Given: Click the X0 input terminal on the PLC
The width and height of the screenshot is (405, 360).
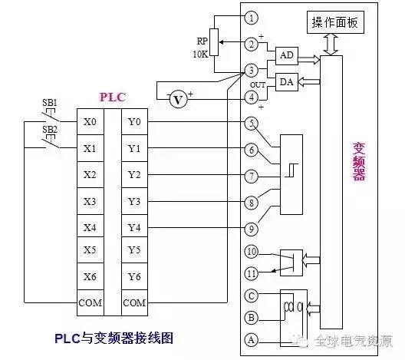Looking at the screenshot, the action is [x=91, y=122].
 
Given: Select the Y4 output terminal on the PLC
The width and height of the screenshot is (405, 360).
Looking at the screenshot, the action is [x=134, y=228].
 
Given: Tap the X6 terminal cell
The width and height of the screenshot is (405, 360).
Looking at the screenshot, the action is [x=91, y=277].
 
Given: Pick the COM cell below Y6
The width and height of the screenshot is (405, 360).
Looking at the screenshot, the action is [x=134, y=303].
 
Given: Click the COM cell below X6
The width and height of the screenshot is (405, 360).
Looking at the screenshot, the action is [x=91, y=303].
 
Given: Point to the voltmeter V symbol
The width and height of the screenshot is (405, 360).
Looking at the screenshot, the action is [x=178, y=100].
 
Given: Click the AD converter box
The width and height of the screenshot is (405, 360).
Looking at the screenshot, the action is [x=287, y=55].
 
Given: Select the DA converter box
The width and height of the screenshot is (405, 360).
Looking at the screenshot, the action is [x=287, y=82].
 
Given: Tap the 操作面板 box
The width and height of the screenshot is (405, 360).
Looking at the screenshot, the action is [x=335, y=22].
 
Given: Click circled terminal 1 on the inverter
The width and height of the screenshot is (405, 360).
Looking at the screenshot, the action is [x=252, y=18].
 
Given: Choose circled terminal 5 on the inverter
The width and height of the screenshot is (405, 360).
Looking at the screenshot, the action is [x=252, y=124].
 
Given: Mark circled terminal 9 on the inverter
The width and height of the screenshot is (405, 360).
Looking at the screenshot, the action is [x=252, y=229].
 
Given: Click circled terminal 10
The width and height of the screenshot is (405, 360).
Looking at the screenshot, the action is [x=252, y=252].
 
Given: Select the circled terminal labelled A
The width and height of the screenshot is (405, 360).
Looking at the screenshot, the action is [x=252, y=340].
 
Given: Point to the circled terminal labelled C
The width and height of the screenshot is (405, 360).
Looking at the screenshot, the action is [x=252, y=296].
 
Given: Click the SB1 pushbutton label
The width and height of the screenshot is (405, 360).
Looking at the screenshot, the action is [x=50, y=103].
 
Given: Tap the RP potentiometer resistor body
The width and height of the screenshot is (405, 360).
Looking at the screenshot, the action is [x=214, y=42].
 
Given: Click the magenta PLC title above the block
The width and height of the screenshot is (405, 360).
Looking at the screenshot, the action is [x=113, y=97].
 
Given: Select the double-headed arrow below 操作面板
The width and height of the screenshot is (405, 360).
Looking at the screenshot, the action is [x=331, y=45].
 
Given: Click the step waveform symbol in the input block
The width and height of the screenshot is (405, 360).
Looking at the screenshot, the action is [x=291, y=170].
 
